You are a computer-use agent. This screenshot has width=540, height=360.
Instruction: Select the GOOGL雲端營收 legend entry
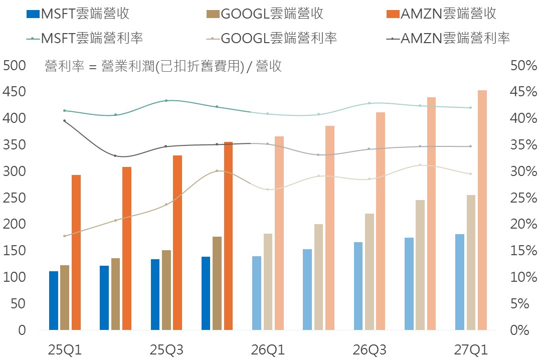[265, 14]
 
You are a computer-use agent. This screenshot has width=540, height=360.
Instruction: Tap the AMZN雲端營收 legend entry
[441, 14]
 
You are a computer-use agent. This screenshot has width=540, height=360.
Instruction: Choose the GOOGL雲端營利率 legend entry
[271, 38]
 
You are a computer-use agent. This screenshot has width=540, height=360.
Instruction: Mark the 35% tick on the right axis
[523, 145]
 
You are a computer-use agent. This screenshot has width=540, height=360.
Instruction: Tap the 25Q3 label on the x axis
[166, 349]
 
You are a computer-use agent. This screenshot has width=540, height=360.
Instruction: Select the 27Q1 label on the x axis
[470, 349]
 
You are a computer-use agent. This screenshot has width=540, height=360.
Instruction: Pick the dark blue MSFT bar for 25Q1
[54, 300]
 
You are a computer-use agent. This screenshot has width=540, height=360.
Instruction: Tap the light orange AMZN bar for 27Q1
[482, 210]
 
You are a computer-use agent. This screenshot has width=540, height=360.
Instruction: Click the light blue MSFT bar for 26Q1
[257, 293]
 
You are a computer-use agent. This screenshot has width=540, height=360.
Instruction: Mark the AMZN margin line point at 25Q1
[65, 121]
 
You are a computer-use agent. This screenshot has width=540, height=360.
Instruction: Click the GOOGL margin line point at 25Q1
[65, 236]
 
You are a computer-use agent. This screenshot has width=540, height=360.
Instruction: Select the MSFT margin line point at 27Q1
[470, 108]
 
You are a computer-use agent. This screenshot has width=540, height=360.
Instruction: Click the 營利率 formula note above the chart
[163, 66]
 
